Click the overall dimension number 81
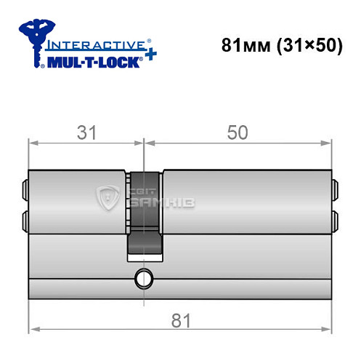[178, 317]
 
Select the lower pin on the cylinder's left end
[26, 218]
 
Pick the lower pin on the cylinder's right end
[335, 218]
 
